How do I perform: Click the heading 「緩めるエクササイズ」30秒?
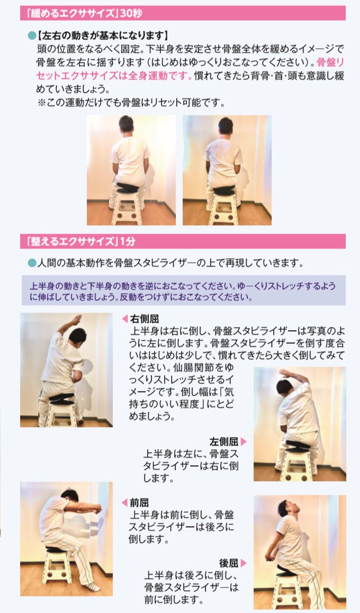click(x=84, y=14)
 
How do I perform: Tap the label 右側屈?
click(x=145, y=319)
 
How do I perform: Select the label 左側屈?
click(x=224, y=442)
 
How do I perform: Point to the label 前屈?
click(x=139, y=502)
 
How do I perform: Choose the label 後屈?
click(x=229, y=563)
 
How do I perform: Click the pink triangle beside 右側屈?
click(x=125, y=319)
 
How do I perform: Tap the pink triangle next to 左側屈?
click(x=244, y=442)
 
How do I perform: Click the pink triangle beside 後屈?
click(x=244, y=563)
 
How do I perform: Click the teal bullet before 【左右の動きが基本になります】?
click(x=32, y=36)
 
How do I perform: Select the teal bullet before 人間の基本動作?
click(x=32, y=263)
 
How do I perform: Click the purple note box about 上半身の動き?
click(x=184, y=290)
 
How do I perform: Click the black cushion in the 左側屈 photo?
click(x=298, y=446)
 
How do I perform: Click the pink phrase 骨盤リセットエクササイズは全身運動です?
click(x=190, y=69)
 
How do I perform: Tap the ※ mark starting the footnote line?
click(x=41, y=102)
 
